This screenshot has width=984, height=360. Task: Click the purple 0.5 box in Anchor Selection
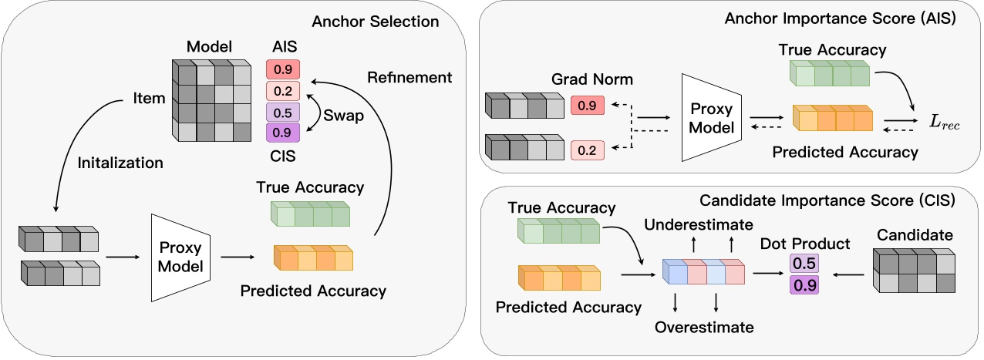pyautogui.click(x=282, y=112)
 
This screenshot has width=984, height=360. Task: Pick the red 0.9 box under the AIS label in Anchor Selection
pyautogui.click(x=282, y=70)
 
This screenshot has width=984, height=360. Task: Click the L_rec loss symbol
pyautogui.click(x=936, y=120)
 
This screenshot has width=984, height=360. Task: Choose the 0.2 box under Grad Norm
pyautogui.click(x=588, y=150)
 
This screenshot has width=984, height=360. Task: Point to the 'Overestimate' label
pyautogui.click(x=704, y=328)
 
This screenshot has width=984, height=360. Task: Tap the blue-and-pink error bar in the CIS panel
pyautogui.click(x=704, y=272)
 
